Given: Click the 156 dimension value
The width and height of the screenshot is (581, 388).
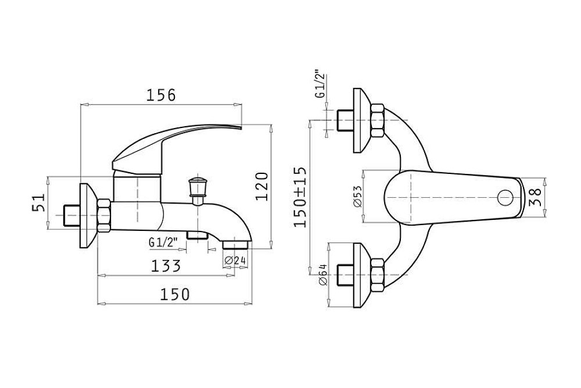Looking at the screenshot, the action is (160, 95).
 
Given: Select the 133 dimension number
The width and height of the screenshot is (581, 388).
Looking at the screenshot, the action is (166, 266).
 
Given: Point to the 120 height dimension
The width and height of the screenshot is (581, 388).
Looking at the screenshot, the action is (262, 186).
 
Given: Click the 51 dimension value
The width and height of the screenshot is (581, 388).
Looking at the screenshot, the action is (38, 202).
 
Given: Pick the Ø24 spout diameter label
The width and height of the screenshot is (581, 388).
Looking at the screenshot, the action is (235, 261).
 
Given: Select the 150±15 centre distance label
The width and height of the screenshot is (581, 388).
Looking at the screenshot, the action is (300, 197).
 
